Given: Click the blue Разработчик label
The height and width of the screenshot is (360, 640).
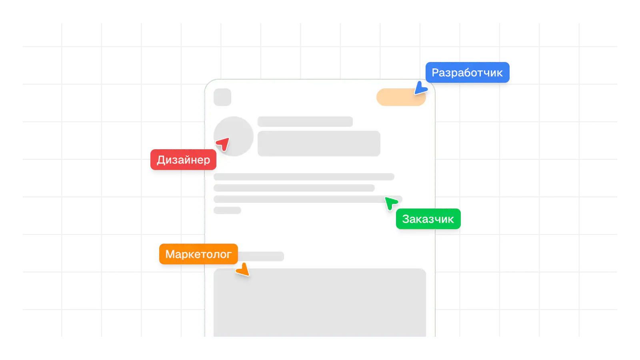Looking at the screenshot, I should point(467,72).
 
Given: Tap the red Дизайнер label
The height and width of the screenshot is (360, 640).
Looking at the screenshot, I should point(183,160).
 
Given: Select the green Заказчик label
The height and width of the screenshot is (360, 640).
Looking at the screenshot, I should point(428,219).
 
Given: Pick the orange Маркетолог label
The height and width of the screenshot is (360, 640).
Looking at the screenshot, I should point(198,254).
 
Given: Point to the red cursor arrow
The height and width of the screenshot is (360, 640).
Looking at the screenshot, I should point(223,144).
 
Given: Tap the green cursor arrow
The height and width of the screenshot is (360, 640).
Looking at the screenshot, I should point(390,203).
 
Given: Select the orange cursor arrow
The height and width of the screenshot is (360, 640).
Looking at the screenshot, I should point(243,270).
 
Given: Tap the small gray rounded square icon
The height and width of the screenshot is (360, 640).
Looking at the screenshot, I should point(222,97).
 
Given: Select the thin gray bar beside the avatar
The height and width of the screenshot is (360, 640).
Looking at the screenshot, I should point(305,122).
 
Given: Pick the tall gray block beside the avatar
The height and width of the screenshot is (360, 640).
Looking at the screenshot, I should point(319,143).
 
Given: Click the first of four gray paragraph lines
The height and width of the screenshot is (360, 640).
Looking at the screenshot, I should point(304,177).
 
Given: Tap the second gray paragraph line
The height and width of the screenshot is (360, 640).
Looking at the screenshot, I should point(294,188).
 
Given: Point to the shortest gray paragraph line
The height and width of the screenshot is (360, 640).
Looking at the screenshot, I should point(227,210).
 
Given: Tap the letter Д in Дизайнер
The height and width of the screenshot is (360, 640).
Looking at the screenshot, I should point(161,160).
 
